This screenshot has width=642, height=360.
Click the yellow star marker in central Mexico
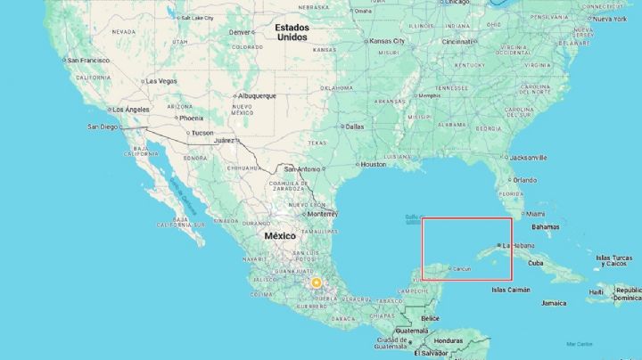[316, 282]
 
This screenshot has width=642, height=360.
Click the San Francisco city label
[88, 61]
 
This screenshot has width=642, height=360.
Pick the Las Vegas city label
[161, 81]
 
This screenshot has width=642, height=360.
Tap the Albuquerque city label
[258, 96]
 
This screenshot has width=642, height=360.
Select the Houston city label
[373, 164]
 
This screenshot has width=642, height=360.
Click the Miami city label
[535, 214]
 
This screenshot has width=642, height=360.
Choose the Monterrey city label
[321, 214]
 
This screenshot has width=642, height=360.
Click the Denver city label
[242, 32]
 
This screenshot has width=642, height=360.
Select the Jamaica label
[553, 302]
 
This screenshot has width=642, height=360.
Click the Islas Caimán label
[511, 290]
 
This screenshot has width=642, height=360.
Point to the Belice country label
[430, 318]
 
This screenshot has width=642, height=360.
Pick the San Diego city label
[102, 127]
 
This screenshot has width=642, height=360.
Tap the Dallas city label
[355, 127]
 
